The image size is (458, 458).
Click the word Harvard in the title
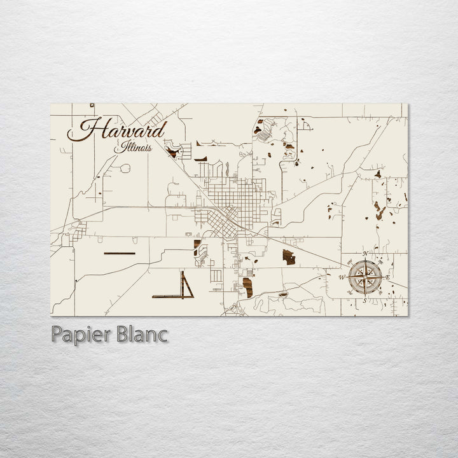pyautogui.click(x=117, y=130)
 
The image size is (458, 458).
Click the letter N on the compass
pyautogui.click(x=365, y=254)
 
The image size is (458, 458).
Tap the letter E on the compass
pyautogui.click(x=387, y=277)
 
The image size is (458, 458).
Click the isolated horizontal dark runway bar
pyautogui.click(x=119, y=253)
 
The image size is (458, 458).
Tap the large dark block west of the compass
pyautogui.click(x=289, y=258)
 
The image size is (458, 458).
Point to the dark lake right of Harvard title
pyautogui.click(x=172, y=151)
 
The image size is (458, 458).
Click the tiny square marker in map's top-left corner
pyautogui.click(x=92, y=105)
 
